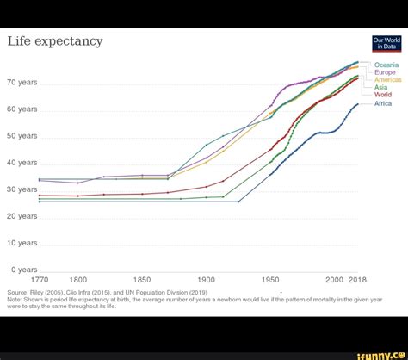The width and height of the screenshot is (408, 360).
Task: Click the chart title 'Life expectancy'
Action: tap(55, 41)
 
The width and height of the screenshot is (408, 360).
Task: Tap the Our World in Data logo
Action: tap(386, 44)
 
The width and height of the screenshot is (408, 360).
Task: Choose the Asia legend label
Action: tap(381, 87)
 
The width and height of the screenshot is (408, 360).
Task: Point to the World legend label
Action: tap(383, 95)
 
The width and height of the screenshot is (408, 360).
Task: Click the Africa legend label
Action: tap(383, 103)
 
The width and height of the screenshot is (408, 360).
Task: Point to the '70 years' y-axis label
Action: tap(22, 83)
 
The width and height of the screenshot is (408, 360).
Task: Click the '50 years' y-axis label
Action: tap(22, 136)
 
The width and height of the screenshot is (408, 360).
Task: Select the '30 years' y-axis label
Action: tap(22, 189)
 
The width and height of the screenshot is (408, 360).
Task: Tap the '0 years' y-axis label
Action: tap(23, 270)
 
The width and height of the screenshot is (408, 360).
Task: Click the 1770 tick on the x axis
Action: tap(40, 280)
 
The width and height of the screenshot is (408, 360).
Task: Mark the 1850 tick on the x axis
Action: tap(142, 280)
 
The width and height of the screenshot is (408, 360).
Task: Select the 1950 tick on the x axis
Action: tap(271, 280)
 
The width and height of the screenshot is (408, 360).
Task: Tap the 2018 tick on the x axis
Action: tap(357, 280)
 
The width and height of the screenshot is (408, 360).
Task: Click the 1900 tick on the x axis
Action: tap(207, 280)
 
